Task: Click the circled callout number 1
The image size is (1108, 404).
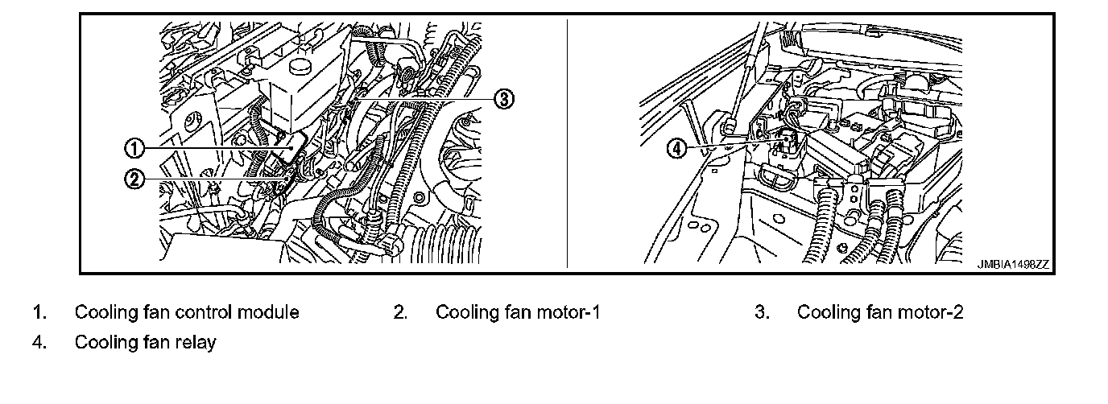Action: coord(134,148)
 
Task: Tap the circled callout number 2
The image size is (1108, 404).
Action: coord(134,179)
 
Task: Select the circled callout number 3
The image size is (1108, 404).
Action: coord(502,99)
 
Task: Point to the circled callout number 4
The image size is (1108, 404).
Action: coord(678,148)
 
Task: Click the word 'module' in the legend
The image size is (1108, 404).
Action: coord(270,312)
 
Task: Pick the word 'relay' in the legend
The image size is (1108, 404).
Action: coord(197,343)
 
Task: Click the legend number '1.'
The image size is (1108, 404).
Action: coord(39,312)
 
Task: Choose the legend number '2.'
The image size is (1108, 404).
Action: coord(400,312)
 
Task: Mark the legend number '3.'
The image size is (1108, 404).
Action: coord(762,312)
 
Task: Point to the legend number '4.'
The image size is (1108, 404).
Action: coord(39,343)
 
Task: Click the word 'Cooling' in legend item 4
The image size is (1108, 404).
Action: coord(104,343)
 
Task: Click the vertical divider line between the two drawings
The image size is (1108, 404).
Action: coord(567,145)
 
